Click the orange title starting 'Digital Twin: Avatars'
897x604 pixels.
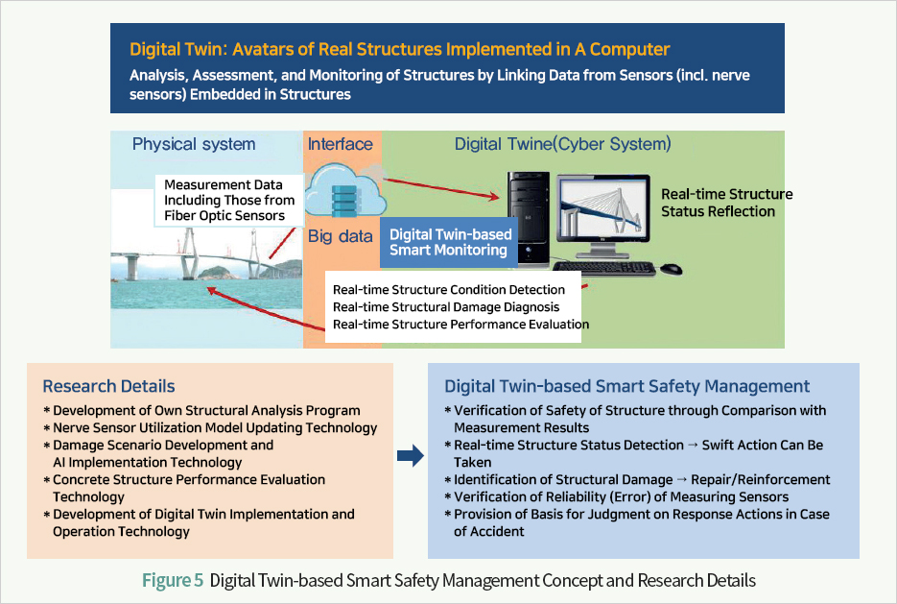(x=399, y=49)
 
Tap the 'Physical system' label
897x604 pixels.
(x=194, y=144)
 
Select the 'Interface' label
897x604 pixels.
(x=341, y=144)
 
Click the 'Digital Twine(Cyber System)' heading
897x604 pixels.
(x=562, y=144)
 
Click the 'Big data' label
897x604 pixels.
(x=341, y=236)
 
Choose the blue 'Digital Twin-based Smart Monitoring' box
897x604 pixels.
(x=449, y=242)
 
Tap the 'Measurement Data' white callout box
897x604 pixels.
(x=229, y=201)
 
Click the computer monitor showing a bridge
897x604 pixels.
(x=603, y=216)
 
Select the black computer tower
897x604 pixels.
(x=529, y=219)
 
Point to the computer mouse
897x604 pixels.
(x=671, y=269)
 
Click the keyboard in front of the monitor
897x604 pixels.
(x=604, y=269)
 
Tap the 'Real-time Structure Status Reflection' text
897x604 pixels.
(x=726, y=203)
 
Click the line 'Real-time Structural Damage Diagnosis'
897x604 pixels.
(x=446, y=307)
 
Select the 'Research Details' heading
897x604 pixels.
(x=108, y=386)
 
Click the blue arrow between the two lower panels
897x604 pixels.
(x=411, y=456)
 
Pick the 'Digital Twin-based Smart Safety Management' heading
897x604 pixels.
(x=627, y=386)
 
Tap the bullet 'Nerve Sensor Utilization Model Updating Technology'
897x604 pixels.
(x=215, y=427)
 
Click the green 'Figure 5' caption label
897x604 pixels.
(x=173, y=581)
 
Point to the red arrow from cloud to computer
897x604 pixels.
(x=441, y=188)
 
